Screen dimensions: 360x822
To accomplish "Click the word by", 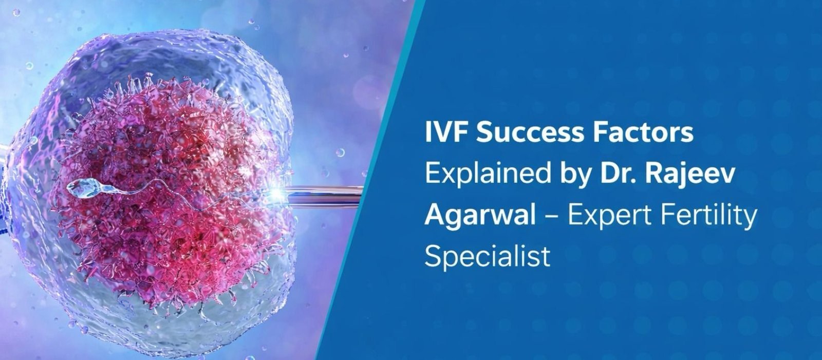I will click(573, 174).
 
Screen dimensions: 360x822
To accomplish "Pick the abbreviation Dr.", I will click(615, 174).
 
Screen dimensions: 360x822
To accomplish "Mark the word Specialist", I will click(487, 255).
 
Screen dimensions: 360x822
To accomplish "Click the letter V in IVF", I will click(445, 133).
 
